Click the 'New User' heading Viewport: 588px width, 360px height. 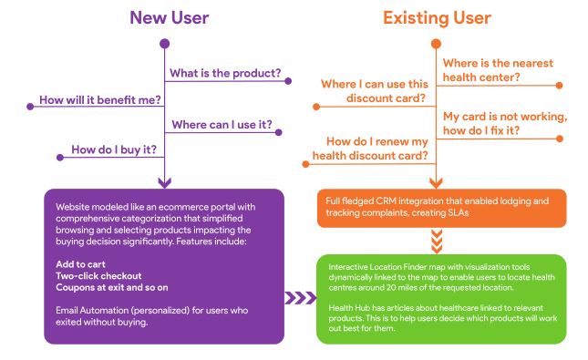(x=169, y=17)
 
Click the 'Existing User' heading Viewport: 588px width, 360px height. (x=437, y=17)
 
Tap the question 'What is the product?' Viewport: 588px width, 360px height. (x=225, y=73)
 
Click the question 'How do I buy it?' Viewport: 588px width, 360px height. (x=114, y=149)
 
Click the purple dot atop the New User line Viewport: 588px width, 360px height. (x=164, y=43)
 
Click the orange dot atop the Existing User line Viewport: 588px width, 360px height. (x=436, y=43)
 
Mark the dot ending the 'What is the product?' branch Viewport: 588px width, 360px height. (x=288, y=81)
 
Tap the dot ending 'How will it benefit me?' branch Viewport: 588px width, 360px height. (x=30, y=107)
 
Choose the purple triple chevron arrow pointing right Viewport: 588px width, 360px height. (x=299, y=297)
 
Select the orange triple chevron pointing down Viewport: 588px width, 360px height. (x=436, y=241)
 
